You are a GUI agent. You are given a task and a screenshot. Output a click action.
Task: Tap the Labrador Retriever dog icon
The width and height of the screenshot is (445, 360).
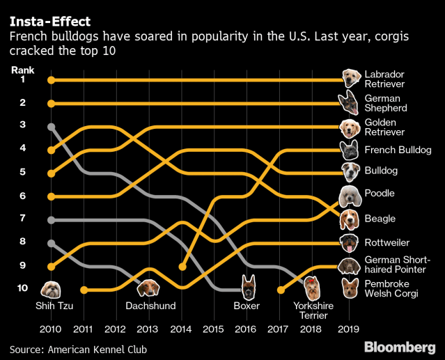click(x=350, y=79)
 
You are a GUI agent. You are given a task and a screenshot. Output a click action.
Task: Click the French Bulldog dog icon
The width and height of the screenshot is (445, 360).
click(x=350, y=150)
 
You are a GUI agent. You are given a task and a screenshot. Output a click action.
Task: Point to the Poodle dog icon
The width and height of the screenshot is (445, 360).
click(x=350, y=195)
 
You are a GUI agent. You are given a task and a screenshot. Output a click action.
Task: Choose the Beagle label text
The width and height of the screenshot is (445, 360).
click(x=380, y=219)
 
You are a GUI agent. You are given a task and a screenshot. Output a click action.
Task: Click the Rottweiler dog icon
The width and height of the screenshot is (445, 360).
click(x=350, y=242)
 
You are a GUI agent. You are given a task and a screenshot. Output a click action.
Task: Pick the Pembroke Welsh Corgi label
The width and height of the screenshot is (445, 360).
click(x=390, y=289)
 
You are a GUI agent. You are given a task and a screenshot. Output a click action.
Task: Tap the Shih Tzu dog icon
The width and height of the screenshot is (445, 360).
click(x=51, y=288)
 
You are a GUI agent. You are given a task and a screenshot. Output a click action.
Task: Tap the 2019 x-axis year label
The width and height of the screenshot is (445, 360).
click(x=348, y=327)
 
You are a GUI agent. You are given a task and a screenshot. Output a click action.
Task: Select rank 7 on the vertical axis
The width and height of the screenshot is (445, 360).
click(x=23, y=219)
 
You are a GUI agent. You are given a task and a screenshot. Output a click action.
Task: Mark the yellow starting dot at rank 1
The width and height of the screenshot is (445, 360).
click(x=51, y=80)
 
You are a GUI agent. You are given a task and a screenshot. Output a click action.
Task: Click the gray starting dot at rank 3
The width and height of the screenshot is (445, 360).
click(x=51, y=127)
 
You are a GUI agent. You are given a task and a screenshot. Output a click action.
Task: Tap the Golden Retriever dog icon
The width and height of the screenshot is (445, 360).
click(x=350, y=127)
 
